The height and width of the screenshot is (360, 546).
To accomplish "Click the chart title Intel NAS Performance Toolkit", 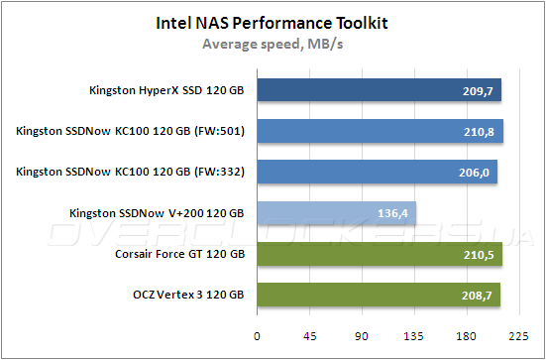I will (x=272, y=21).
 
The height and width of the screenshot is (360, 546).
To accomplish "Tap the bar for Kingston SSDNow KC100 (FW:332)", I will (x=378, y=172).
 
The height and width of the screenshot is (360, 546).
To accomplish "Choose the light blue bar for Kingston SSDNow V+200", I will (x=337, y=212).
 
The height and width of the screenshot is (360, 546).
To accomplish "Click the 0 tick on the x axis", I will (x=258, y=335).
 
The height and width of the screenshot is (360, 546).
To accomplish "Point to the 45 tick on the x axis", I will (x=310, y=335).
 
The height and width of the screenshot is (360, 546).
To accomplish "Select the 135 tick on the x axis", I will (x=415, y=335).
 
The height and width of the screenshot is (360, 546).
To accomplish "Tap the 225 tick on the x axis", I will (x=519, y=335).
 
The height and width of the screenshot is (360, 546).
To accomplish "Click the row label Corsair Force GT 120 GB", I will (x=179, y=255).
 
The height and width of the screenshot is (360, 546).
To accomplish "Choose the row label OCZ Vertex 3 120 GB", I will (x=187, y=296).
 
